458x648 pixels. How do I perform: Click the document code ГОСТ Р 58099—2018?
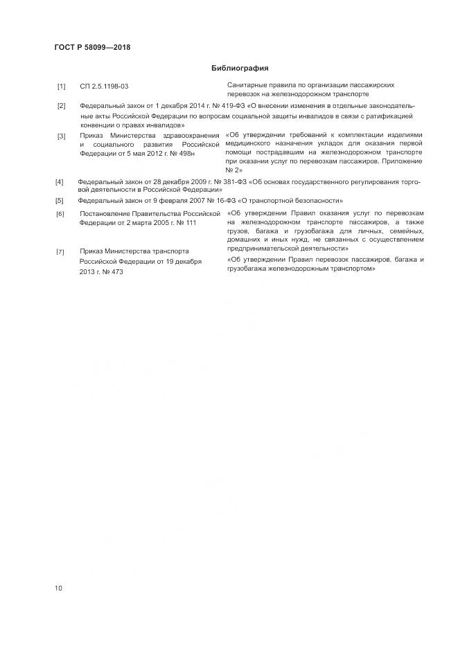pos(92,48)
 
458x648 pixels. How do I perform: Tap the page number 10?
pos(58,588)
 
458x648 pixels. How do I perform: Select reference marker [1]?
pos(61,86)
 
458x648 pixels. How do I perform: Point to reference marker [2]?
pos(61,106)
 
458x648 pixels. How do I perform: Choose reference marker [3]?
pos(61,136)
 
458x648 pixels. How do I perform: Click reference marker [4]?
pos(60,182)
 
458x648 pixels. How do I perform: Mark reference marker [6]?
pos(60,214)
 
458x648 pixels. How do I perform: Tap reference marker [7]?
pos(60,251)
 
